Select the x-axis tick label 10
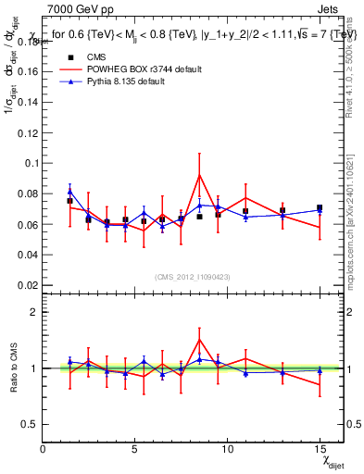coord(227,449)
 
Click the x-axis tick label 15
coord(319,449)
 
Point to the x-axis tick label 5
coord(135,449)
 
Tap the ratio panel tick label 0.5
coord(28,424)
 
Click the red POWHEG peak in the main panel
coord(199,175)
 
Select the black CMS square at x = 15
coord(320,208)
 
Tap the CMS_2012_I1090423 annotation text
coord(194,277)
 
